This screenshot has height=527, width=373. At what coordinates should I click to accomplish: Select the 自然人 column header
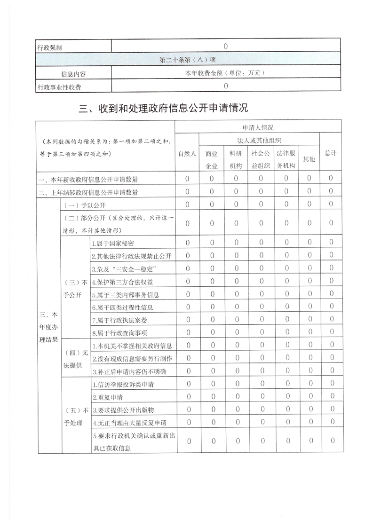click(x=187, y=153)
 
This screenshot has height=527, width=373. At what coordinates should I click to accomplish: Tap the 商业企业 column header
click(x=211, y=159)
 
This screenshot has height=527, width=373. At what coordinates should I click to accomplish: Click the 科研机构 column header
click(x=236, y=159)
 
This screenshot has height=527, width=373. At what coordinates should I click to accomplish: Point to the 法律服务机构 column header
click(x=286, y=159)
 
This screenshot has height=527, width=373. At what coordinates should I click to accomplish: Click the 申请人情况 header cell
click(x=258, y=127)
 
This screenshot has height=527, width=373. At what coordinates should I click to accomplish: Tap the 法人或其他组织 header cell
click(x=259, y=140)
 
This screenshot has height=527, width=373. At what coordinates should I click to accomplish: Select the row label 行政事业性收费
click(x=59, y=87)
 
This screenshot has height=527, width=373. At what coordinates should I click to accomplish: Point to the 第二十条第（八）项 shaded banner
click(x=188, y=60)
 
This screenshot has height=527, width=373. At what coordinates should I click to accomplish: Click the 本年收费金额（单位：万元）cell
click(x=226, y=73)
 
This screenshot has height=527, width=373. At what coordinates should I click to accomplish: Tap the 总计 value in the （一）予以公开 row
click(x=331, y=205)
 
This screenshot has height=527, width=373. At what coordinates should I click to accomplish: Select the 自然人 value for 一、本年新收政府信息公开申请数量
click(x=187, y=179)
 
